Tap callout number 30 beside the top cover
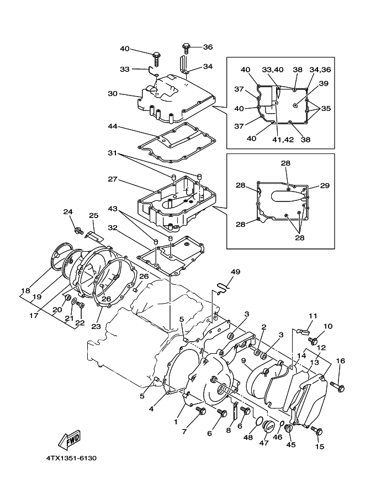pyautogui.click(x=113, y=94)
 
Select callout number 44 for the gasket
pyautogui.click(x=113, y=126)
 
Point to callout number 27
pyautogui.click(x=113, y=179)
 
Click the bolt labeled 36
pyautogui.click(x=186, y=48)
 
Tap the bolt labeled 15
pyautogui.click(x=317, y=431)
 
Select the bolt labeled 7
pyautogui.click(x=202, y=411)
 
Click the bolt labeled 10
pyautogui.click(x=313, y=340)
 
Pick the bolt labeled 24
pyautogui.click(x=78, y=230)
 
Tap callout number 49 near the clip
pyautogui.click(x=235, y=272)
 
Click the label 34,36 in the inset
pyautogui.click(x=320, y=70)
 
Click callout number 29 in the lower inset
pyautogui.click(x=325, y=185)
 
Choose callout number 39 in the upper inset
pyautogui.click(x=324, y=83)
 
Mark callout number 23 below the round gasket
pyautogui.click(x=96, y=326)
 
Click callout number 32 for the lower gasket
pyautogui.click(x=113, y=228)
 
